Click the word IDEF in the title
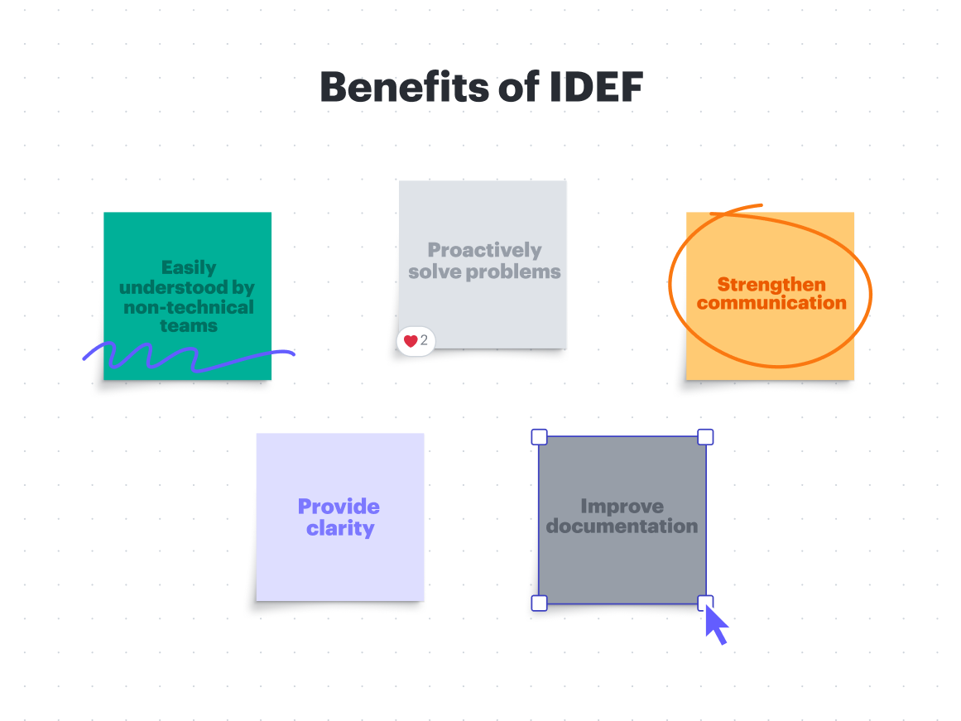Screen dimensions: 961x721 tap(596, 87)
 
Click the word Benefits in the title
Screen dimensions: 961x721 tap(405, 87)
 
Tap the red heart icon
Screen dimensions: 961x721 tap(411, 342)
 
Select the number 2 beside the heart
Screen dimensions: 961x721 tap(424, 340)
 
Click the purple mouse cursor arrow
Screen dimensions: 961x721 tap(716, 624)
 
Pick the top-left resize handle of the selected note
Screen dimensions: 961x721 tap(539, 436)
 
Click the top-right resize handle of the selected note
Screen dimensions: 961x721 tap(705, 436)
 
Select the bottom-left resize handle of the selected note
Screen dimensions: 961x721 tap(539, 603)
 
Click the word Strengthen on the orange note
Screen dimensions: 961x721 tap(771, 285)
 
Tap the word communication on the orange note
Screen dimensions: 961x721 tap(771, 303)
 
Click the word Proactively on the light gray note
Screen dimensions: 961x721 tap(484, 251)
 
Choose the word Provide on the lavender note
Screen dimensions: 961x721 tap(339, 507)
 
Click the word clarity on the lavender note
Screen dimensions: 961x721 tap(340, 528)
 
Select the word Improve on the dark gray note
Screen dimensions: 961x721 tap(622, 507)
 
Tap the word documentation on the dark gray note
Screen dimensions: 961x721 tap(622, 526)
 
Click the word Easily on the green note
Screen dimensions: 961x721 tap(189, 268)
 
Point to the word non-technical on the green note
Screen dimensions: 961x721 tap(189, 307)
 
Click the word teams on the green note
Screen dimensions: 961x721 tap(189, 325)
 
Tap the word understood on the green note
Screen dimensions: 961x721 tap(174, 287)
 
